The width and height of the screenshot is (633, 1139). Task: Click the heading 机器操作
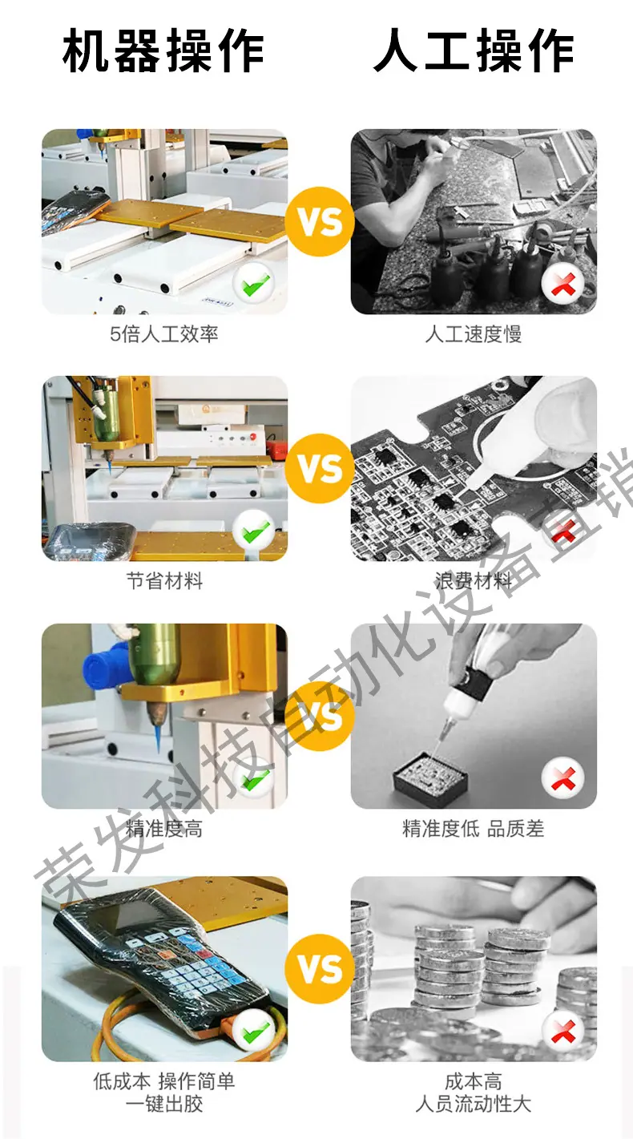tap(163, 50)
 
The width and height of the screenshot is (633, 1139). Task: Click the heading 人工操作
tap(474, 50)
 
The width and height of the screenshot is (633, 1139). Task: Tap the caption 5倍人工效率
tap(164, 334)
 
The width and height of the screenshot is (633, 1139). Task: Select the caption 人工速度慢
tap(474, 334)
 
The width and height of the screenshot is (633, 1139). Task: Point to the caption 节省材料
tap(164, 580)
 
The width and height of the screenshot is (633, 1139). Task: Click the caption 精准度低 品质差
tap(474, 828)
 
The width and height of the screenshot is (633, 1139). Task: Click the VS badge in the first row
tap(320, 222)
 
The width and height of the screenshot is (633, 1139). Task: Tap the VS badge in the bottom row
tap(320, 969)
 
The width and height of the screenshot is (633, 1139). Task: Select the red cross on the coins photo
tap(562, 1032)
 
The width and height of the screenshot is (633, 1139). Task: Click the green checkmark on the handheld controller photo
tap(256, 1032)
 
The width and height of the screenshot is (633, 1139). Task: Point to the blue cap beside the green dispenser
tap(103, 664)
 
